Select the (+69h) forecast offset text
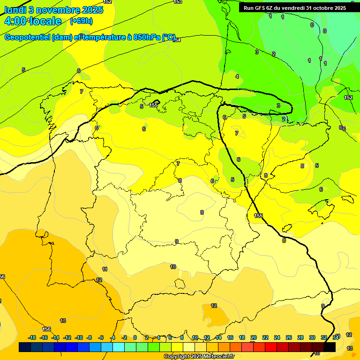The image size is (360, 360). point(81,21)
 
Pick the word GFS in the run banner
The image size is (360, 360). point(263,8)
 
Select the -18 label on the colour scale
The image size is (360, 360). point(32,337)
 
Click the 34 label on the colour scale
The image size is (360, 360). point(336,337)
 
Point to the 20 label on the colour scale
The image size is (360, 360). point(254,337)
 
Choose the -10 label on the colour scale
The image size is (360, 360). point(79,337)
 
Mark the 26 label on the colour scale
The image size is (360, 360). point(289,337)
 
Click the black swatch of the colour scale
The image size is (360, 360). point(330,347)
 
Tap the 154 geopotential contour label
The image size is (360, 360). point(176,40)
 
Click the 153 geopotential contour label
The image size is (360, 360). point(178,2)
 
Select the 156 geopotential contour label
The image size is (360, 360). point(46,330)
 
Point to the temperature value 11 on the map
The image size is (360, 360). point(105,269)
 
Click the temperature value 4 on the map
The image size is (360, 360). point(237,76)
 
